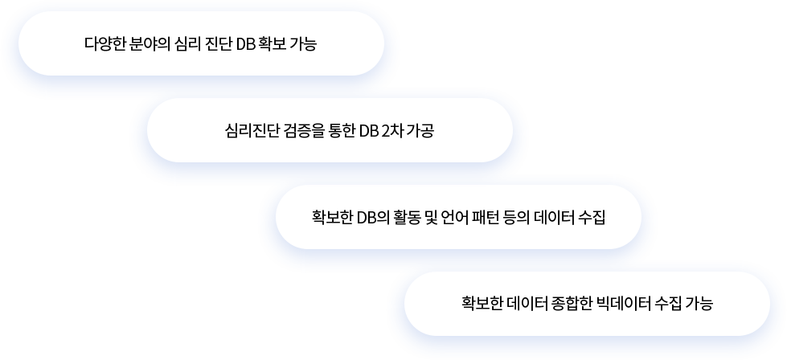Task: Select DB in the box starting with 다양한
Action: (246, 43)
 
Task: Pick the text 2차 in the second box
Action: (392, 131)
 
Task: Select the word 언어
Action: (453, 218)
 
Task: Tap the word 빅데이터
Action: (624, 305)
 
